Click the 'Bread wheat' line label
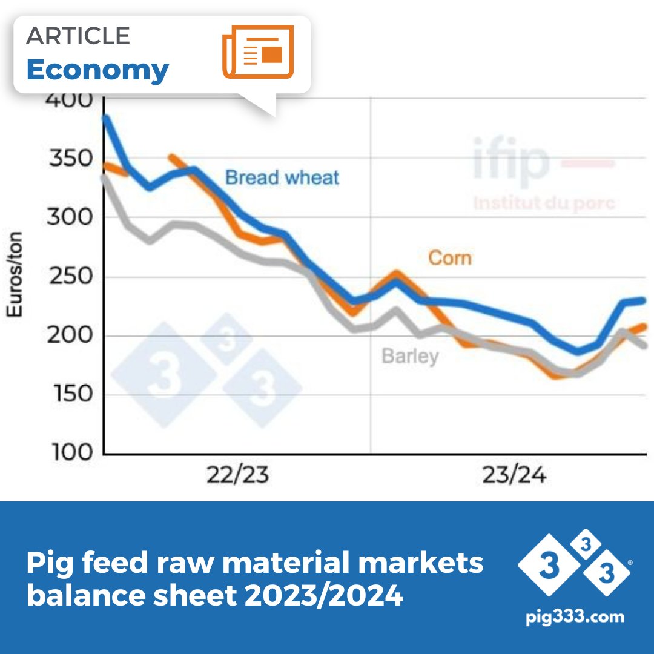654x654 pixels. point(282,177)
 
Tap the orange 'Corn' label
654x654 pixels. point(449,258)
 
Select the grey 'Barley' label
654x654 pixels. point(410,355)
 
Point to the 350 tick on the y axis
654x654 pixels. point(71,159)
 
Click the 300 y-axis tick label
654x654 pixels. point(71,217)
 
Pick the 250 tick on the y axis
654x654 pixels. point(71,277)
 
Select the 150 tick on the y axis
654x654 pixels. point(71,394)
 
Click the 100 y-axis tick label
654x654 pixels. point(71,452)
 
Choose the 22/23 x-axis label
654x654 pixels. point(237,475)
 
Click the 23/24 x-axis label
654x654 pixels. point(514,475)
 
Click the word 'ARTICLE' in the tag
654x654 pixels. point(78,36)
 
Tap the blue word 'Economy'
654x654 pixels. point(97,70)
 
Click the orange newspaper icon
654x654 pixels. point(258,52)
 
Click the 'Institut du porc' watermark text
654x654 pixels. point(544,202)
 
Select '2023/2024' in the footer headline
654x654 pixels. point(324,596)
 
